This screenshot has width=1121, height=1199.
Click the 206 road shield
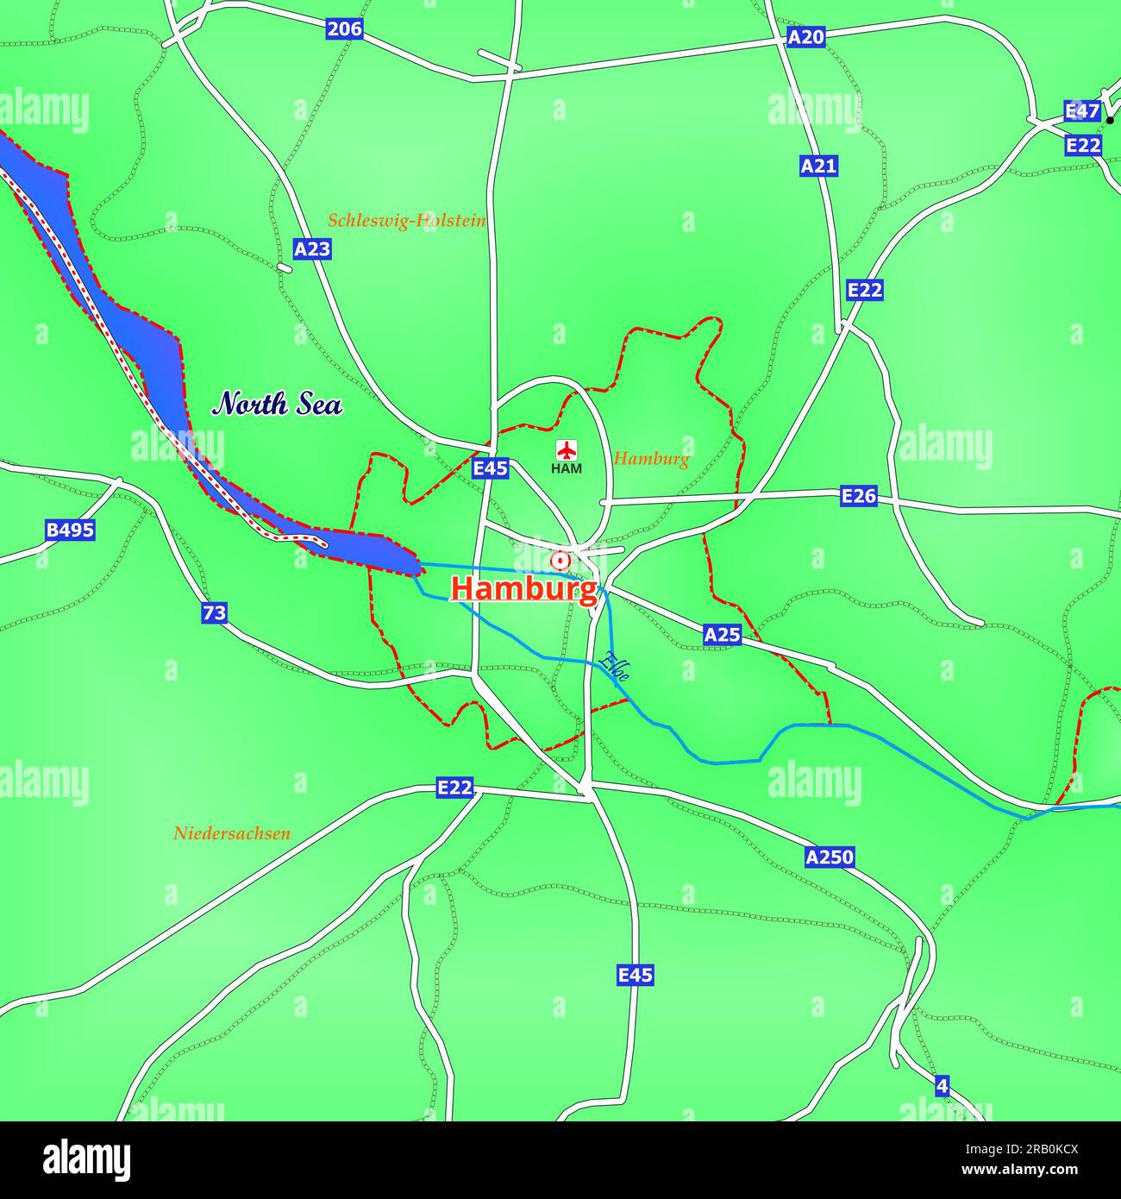[344, 29]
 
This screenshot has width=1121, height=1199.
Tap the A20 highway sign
[806, 37]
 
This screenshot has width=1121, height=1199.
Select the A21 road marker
[818, 166]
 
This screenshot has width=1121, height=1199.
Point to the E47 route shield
[1081, 111]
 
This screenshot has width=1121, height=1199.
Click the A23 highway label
[312, 249]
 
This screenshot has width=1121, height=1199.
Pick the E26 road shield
[859, 495]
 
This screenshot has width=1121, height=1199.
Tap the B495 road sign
[70, 530]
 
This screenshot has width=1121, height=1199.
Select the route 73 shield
[215, 613]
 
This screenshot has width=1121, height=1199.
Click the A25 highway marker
[722, 635]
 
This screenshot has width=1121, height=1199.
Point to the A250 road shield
[830, 857]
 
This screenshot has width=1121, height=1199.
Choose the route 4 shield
[942, 1086]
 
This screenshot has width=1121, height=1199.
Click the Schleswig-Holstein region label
[406, 221]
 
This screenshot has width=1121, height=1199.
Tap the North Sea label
[278, 404]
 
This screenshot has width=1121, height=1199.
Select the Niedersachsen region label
[231, 833]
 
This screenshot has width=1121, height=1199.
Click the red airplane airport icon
[567, 449]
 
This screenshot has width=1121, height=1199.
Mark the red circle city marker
[560, 562]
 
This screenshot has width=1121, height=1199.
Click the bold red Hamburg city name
[523, 590]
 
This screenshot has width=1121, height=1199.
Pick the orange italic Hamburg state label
[651, 459]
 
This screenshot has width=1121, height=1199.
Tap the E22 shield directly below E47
[1083, 145]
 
